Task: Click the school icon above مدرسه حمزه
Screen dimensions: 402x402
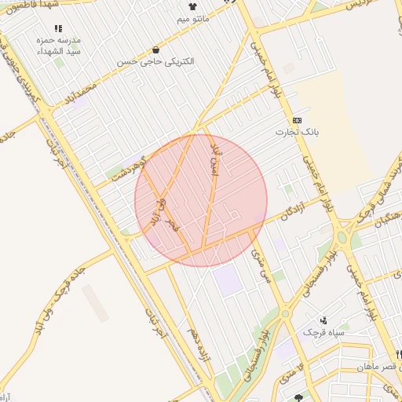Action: tap(58, 28)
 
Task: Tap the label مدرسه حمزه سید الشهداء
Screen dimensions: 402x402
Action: tap(64, 45)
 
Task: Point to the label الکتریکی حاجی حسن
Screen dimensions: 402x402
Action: tap(155, 60)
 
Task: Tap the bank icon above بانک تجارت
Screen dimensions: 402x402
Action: tap(297, 120)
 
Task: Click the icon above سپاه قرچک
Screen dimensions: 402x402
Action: tap(324, 320)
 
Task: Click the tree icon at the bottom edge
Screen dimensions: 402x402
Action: tap(298, 398)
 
